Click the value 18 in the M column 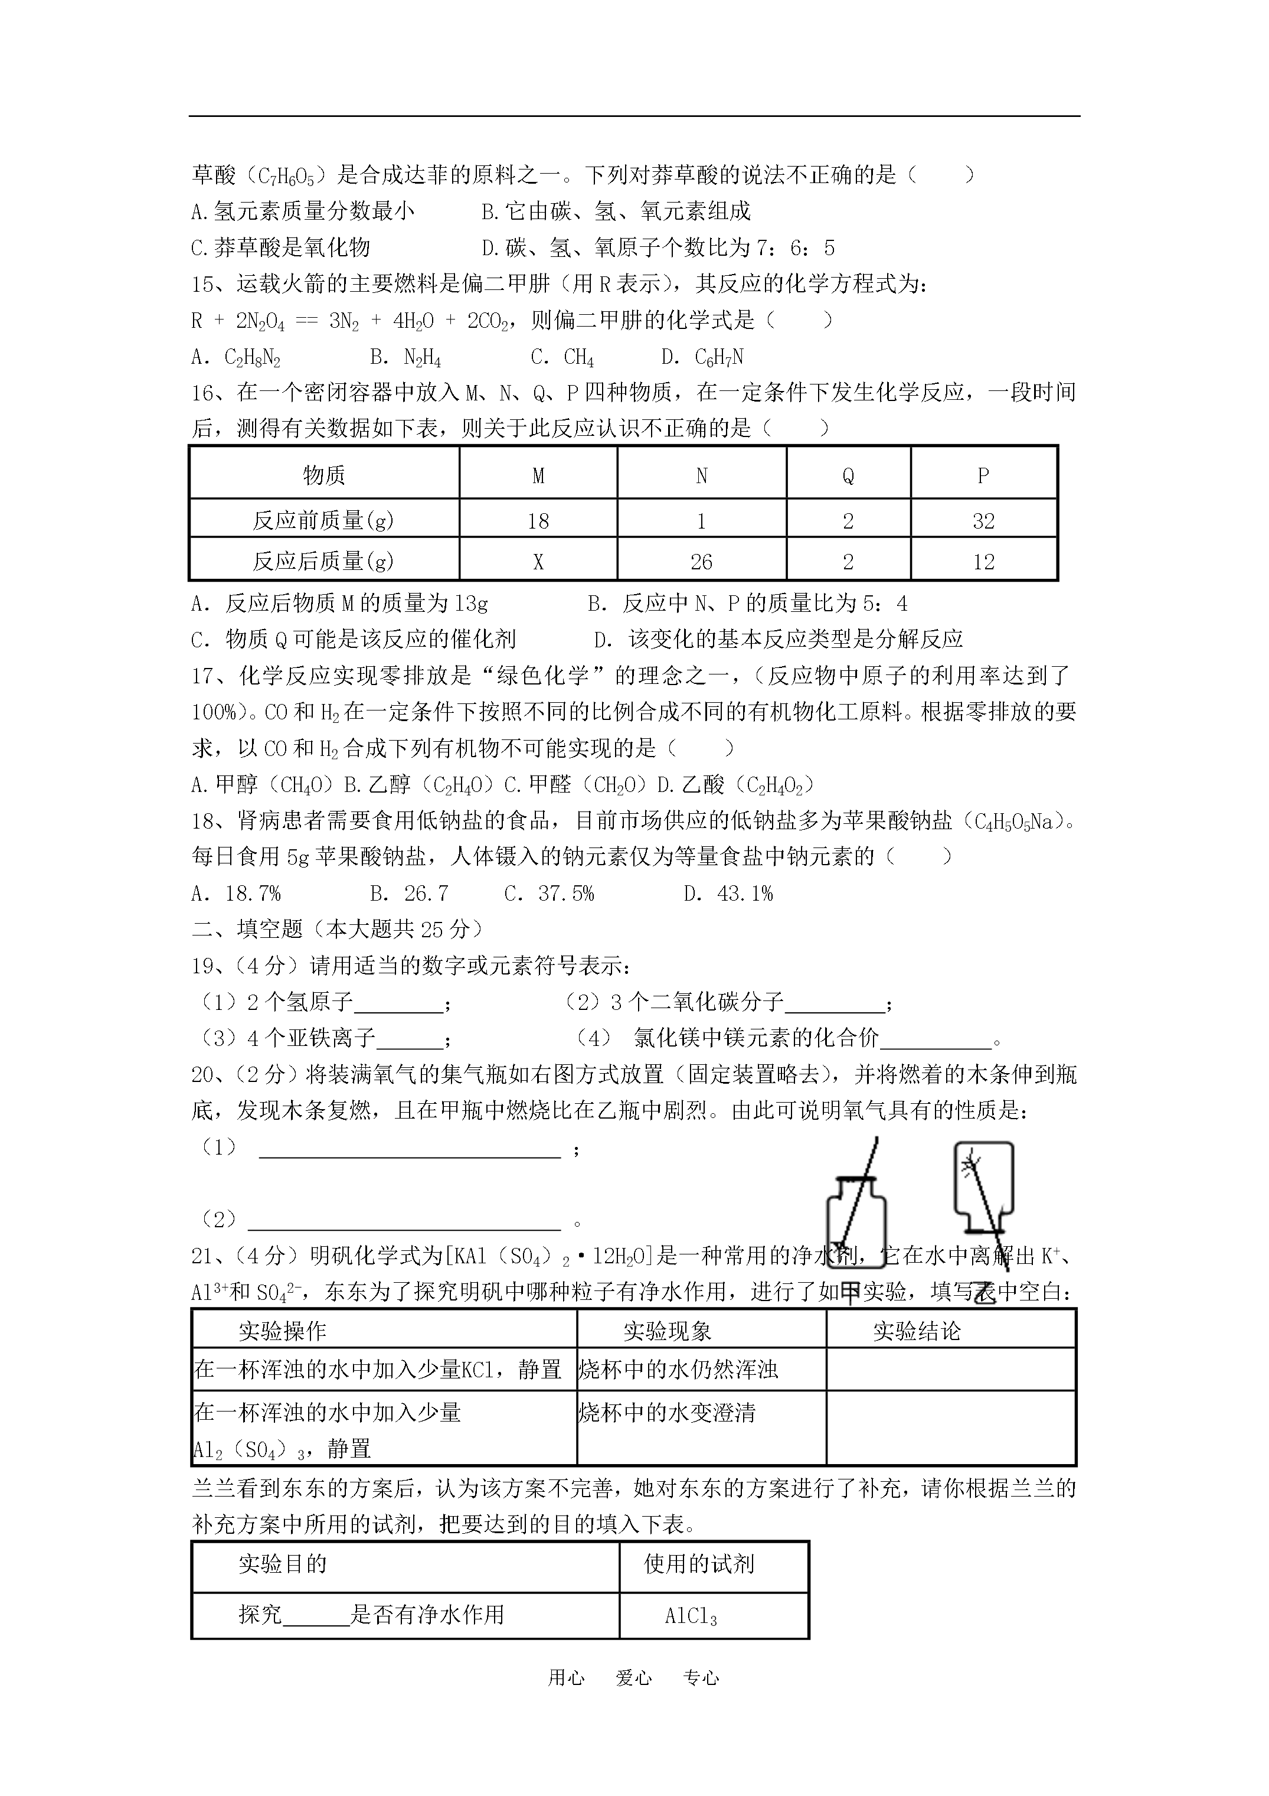pos(538,521)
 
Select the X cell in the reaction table pos(538,562)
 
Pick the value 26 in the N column pos(701,562)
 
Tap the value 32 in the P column pos(983,521)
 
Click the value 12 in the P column pos(983,562)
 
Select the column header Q pos(848,475)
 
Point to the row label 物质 pos(323,475)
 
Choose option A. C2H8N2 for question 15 pos(236,357)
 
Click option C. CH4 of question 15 pos(562,357)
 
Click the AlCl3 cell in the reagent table pos(691,1616)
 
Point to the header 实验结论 pos(917,1331)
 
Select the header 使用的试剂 pos(698,1564)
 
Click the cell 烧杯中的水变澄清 pos(667,1413)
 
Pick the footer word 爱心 pos(633,1677)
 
